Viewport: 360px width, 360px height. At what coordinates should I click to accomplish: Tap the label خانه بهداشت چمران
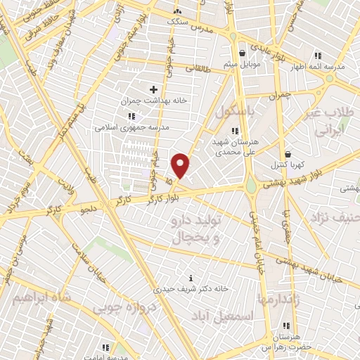[x=154, y=101]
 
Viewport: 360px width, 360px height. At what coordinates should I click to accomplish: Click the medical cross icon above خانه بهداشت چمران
[x=154, y=89]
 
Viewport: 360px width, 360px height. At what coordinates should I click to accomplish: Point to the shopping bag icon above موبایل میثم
[x=243, y=53]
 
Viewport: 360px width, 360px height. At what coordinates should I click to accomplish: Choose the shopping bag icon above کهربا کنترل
[x=288, y=154]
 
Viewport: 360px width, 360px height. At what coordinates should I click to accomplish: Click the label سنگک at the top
[x=177, y=22]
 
